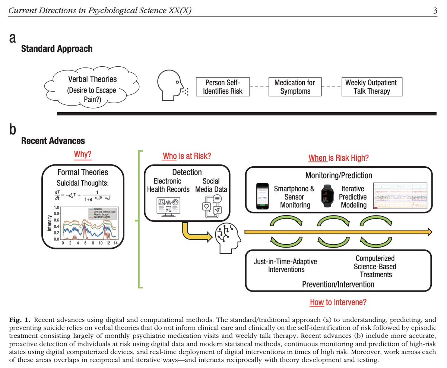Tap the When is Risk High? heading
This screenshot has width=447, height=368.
tap(339, 158)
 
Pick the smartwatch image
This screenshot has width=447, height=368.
tap(327, 195)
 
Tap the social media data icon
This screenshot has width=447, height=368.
tap(211, 206)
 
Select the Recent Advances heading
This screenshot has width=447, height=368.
tap(53, 141)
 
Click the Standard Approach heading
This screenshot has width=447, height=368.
tap(57, 48)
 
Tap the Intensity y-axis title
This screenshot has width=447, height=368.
tap(49, 223)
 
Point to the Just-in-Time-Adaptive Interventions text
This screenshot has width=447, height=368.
tap(285, 265)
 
